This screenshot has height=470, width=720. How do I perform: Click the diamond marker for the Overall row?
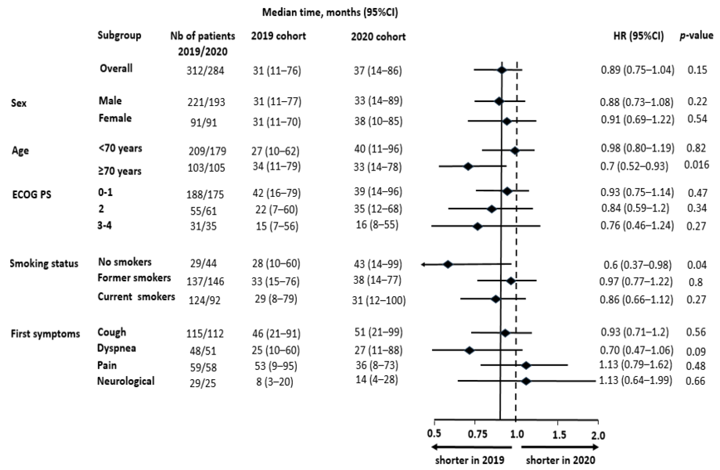click(x=501, y=70)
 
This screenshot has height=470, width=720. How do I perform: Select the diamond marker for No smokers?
click(x=448, y=264)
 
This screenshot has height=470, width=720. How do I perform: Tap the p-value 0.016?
click(x=696, y=165)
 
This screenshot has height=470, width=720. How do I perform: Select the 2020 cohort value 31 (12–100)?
click(x=378, y=300)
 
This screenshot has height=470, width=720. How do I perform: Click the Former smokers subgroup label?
click(x=134, y=278)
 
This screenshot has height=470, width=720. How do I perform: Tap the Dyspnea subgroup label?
click(x=116, y=348)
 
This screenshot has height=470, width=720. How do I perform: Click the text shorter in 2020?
click(x=560, y=460)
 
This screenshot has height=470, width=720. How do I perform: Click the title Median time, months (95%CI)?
click(x=330, y=12)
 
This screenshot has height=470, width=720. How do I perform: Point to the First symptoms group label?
click(x=45, y=334)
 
